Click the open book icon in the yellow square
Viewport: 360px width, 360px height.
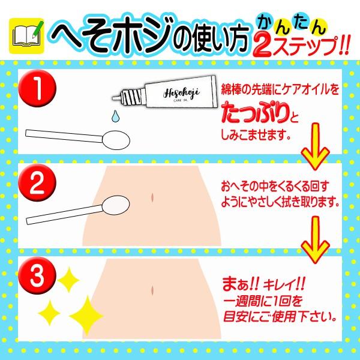[x=26, y=36]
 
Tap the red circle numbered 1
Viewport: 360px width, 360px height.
[x=37, y=88]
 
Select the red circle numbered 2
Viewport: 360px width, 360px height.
[x=37, y=183]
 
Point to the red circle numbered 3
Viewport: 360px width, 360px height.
[x=37, y=275]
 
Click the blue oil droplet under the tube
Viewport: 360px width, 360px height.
[x=115, y=116]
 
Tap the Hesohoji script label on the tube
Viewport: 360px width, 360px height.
[x=181, y=93]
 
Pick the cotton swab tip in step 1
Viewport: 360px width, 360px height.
[x=116, y=140]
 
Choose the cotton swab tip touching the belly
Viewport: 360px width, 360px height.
[x=116, y=205]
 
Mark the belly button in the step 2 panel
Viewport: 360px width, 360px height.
[x=152, y=197]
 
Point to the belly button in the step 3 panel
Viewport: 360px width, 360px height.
[x=152, y=290]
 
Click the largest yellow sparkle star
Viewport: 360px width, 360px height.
[x=86, y=316]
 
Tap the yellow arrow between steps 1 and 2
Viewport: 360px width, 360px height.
[x=316, y=147]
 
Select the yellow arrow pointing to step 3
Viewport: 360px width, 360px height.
[x=316, y=240]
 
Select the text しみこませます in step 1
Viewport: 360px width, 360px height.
[x=253, y=135]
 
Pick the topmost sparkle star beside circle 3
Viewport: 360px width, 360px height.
[x=68, y=280]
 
